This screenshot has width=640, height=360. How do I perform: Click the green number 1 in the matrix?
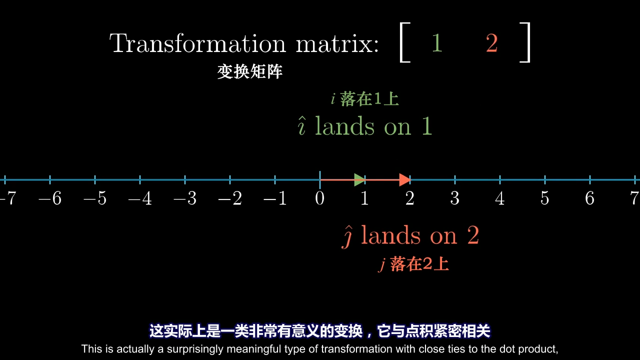(437, 43)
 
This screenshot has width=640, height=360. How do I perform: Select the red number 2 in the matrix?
(491, 43)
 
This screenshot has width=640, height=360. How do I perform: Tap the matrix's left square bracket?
(404, 42)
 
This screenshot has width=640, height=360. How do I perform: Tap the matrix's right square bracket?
(525, 42)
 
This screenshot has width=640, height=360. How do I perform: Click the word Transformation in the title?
(197, 43)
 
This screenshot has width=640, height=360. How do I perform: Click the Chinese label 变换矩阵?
(249, 71)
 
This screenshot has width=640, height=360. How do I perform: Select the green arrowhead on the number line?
(359, 179)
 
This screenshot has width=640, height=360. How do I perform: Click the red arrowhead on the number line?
(405, 179)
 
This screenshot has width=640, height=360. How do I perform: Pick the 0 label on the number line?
(319, 198)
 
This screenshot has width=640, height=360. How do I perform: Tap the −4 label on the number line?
(140, 198)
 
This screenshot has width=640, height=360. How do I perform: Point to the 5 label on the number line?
(544, 198)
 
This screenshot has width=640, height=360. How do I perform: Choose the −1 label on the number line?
(275, 198)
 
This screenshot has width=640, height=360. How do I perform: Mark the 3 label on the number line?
(454, 198)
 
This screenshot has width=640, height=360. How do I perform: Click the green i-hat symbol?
(301, 125)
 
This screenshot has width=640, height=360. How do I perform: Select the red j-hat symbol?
(347, 236)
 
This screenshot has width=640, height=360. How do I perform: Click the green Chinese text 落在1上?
(369, 99)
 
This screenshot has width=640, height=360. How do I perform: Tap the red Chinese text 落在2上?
(419, 263)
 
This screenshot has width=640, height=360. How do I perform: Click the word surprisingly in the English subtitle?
(195, 349)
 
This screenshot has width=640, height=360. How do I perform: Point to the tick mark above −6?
(50, 179)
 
